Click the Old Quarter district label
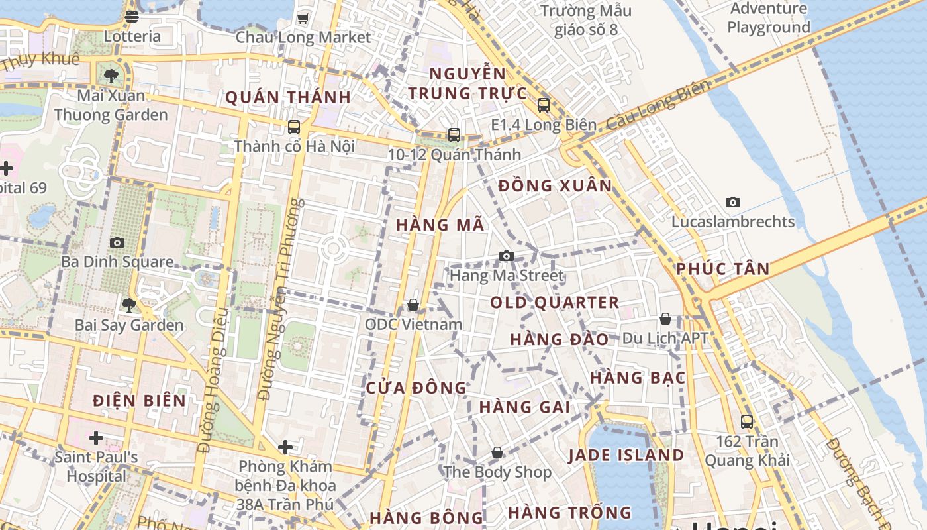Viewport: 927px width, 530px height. click(x=555, y=303)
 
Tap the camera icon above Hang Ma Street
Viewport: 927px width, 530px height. click(x=507, y=256)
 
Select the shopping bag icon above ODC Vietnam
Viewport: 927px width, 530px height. click(x=413, y=305)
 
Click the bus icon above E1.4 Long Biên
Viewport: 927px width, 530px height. click(x=544, y=105)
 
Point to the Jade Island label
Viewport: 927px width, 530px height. click(x=626, y=455)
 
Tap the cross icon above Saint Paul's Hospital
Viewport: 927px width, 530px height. click(x=96, y=437)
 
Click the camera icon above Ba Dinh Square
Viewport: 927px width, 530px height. click(x=117, y=242)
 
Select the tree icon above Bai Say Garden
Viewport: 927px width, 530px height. click(x=129, y=305)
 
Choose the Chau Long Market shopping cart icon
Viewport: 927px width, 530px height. click(x=303, y=18)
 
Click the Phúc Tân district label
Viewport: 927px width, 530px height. click(x=723, y=269)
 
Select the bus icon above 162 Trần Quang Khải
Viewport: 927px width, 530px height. click(x=747, y=421)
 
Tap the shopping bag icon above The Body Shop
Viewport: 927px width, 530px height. click(x=497, y=452)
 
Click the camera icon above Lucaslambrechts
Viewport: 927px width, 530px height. click(x=733, y=202)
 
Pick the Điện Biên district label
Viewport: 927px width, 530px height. click(x=139, y=400)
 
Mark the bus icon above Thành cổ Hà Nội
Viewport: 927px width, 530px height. click(x=294, y=127)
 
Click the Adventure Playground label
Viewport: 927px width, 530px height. click(x=769, y=18)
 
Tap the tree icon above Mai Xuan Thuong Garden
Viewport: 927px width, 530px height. click(x=111, y=76)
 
